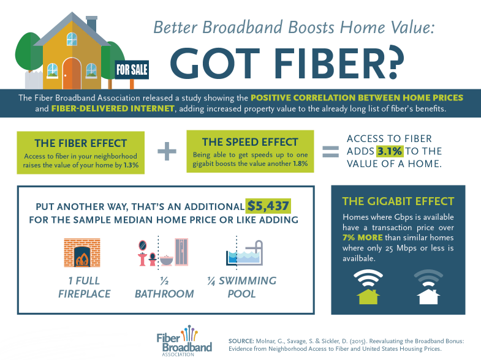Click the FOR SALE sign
tap(132, 70)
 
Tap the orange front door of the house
tap(72, 74)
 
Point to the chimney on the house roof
tap(91, 24)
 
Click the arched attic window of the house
tap(72, 39)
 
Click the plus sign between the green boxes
tap(167, 151)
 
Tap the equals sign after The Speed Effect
tap(331, 152)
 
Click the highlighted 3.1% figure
tap(390, 151)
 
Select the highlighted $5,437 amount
tap(268, 206)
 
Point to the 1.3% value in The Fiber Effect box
tap(131, 165)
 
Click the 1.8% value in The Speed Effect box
tap(300, 163)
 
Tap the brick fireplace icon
tap(82, 252)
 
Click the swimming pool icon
tap(244, 253)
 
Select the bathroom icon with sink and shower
tap(163, 252)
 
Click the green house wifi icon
tap(368, 287)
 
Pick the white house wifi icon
tap(428, 287)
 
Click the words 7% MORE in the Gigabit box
tap(362, 238)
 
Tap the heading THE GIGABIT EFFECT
tap(398, 201)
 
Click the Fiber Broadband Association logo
tap(184, 340)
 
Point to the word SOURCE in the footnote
tap(241, 341)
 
